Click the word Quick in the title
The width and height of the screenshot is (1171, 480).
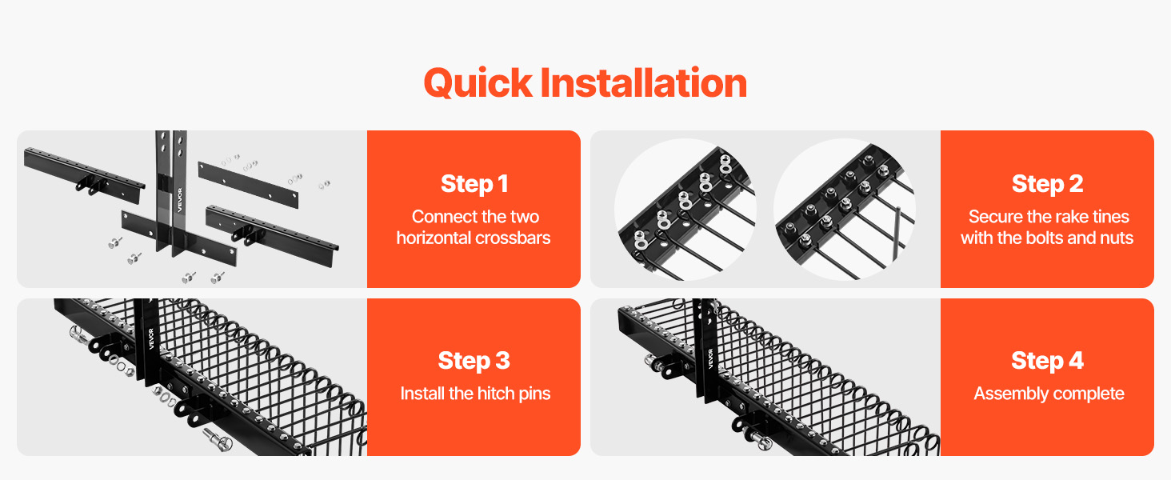point(478,84)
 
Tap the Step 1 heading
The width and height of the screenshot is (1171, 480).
point(474,184)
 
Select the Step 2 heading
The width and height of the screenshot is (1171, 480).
point(1047,184)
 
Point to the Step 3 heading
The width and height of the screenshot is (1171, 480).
point(474,361)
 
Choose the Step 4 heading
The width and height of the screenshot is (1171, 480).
point(1047,361)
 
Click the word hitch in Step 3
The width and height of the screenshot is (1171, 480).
point(488,394)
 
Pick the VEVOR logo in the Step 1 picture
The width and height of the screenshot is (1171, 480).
point(180,200)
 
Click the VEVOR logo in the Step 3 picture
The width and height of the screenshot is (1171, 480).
point(151,339)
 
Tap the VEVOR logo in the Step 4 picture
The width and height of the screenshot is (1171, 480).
point(710,359)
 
